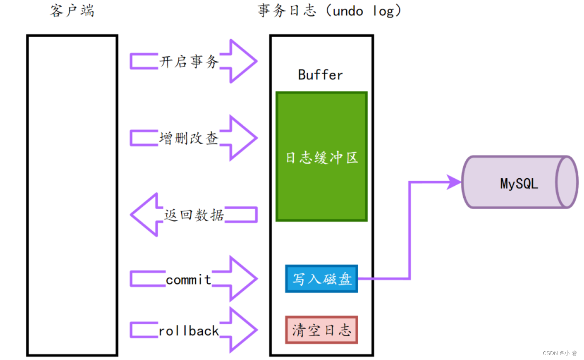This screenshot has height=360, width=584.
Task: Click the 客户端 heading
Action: click(72, 11)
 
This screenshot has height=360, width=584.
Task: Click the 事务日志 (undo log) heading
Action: click(330, 11)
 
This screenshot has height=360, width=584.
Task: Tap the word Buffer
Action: click(321, 75)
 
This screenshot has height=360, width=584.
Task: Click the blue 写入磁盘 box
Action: click(322, 279)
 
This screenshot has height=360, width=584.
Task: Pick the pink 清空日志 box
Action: click(322, 330)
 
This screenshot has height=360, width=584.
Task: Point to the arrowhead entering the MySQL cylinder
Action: click(454, 182)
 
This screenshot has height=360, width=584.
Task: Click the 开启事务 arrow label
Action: click(189, 61)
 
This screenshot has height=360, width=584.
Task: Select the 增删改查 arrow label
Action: click(189, 138)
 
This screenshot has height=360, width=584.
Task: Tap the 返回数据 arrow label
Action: click(194, 215)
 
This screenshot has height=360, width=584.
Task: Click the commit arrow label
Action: click(189, 279)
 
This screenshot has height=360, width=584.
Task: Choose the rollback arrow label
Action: click(189, 330)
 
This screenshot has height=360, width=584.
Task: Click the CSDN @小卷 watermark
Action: click(560, 353)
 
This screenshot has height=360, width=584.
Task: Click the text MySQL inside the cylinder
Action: click(519, 183)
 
